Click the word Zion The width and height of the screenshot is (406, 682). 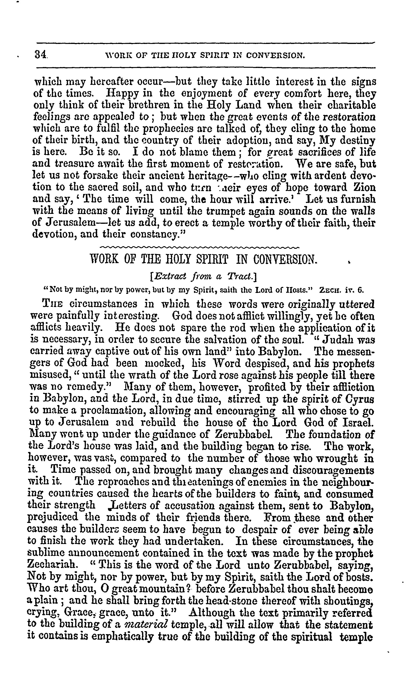[364, 188]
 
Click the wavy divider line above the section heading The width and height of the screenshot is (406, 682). [200, 247]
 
